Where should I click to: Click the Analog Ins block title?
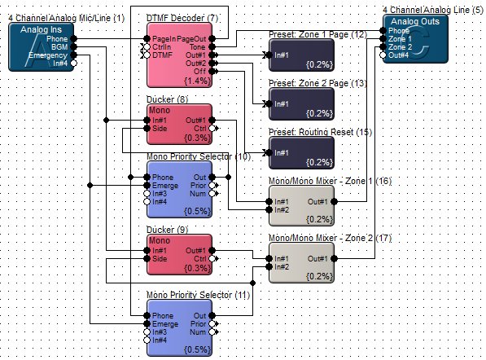pos(41,30)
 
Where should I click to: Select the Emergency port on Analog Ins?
pos(73,55)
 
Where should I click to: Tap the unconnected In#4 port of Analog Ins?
pos(73,64)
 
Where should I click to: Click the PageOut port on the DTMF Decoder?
pos(212,39)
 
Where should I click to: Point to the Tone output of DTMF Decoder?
pos(212,46)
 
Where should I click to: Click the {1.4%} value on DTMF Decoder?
pos(198,81)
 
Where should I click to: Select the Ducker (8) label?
pos(168,99)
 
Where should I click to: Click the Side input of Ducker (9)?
pos(147,259)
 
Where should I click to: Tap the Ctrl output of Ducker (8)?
pos(212,129)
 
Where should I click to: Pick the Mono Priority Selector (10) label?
pos(199,156)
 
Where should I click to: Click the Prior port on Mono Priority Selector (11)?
pos(212,323)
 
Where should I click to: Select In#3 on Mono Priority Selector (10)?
pos(147,194)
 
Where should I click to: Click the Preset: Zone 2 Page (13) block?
pos(301,104)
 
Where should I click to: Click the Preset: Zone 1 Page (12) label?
pos(317,34)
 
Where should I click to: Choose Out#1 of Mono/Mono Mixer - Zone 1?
pos(334,201)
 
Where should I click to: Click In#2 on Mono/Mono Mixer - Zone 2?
pos(269,266)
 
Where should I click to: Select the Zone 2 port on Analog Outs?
pos(383,47)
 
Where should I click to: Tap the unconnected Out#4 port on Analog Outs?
pos(383,55)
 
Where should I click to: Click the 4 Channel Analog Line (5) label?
pos(433,10)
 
